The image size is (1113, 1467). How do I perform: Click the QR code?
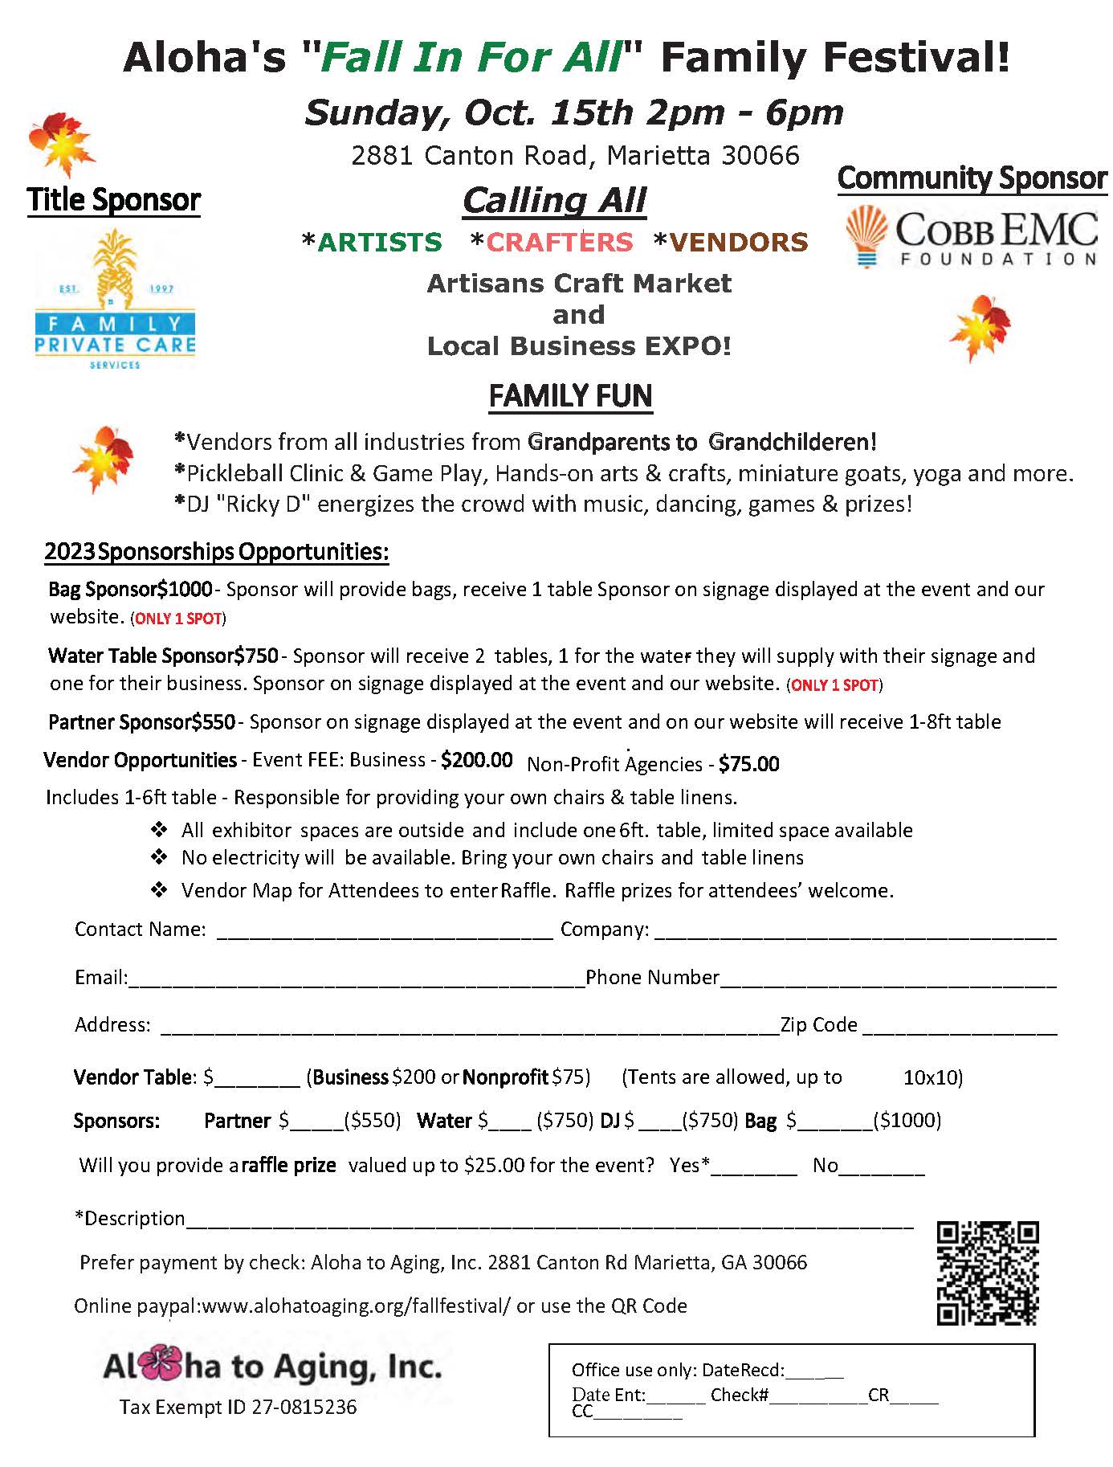987,1273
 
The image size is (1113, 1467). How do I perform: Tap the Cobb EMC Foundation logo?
972,237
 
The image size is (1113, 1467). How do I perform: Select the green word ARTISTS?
372,242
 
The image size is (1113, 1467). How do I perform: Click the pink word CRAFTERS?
552,242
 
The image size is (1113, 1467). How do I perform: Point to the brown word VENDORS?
731,242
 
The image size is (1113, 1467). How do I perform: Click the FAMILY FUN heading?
570,396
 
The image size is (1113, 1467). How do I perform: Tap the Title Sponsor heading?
114,200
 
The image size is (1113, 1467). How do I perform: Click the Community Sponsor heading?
972,178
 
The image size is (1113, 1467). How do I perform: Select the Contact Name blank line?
385,932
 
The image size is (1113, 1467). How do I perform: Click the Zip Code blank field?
960,1028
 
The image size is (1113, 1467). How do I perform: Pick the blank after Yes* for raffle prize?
753,1168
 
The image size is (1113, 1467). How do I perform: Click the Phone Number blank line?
888,980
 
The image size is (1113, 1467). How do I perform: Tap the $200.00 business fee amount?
477,760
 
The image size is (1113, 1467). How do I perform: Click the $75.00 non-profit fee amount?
748,764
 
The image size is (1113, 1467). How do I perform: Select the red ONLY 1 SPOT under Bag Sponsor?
178,619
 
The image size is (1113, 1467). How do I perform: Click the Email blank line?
356,980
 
